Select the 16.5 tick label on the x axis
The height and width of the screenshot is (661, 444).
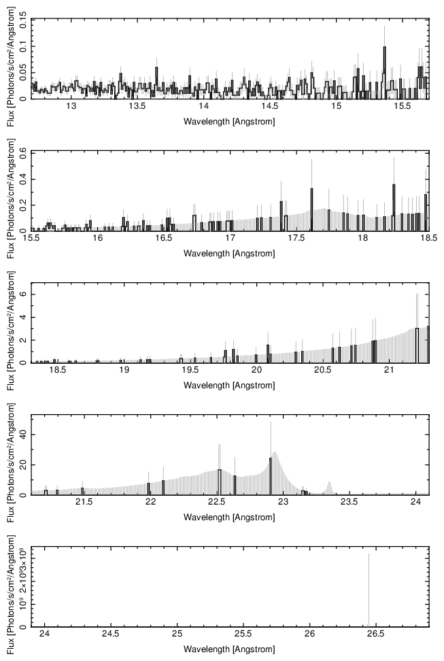[x=164, y=239]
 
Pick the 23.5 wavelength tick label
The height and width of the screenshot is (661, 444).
[x=349, y=503]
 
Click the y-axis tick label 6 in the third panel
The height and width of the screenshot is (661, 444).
[x=23, y=294]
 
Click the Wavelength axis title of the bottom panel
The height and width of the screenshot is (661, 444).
[x=230, y=649]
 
